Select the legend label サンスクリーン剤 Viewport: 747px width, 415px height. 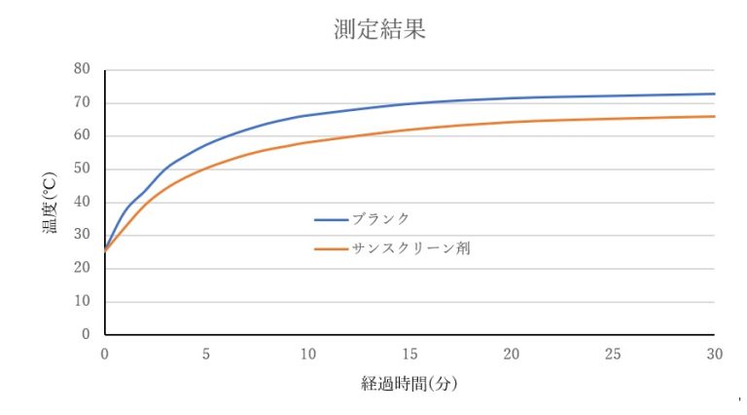(x=412, y=248)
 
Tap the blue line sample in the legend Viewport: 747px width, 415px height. (x=332, y=219)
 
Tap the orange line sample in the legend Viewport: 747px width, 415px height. (x=332, y=249)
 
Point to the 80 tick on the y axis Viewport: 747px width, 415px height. (x=82, y=69)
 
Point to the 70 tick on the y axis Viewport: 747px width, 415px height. (x=82, y=102)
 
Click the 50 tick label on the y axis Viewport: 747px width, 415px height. (x=82, y=169)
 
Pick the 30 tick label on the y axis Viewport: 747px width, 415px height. (x=82, y=235)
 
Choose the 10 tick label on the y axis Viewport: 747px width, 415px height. (x=82, y=301)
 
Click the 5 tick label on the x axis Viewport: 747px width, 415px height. (x=206, y=355)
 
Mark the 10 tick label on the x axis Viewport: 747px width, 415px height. (x=307, y=355)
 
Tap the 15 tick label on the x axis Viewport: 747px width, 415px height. (x=409, y=355)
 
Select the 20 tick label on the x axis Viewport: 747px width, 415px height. (x=511, y=355)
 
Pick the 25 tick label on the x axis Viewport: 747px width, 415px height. (x=613, y=355)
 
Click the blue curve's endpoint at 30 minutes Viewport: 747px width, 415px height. (x=714, y=94)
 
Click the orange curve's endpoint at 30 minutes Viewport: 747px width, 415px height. (x=714, y=117)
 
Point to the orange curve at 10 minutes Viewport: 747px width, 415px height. (x=307, y=142)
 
